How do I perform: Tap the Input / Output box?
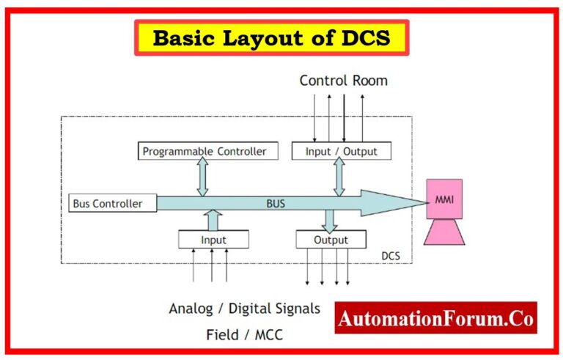tap(341, 152)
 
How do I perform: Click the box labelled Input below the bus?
tap(213, 240)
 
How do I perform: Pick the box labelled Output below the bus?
tap(331, 240)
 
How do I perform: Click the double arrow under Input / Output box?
tap(339, 177)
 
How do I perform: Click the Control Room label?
tap(343, 81)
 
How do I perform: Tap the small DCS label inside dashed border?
tap(391, 255)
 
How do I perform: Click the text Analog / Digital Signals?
tap(244, 309)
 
